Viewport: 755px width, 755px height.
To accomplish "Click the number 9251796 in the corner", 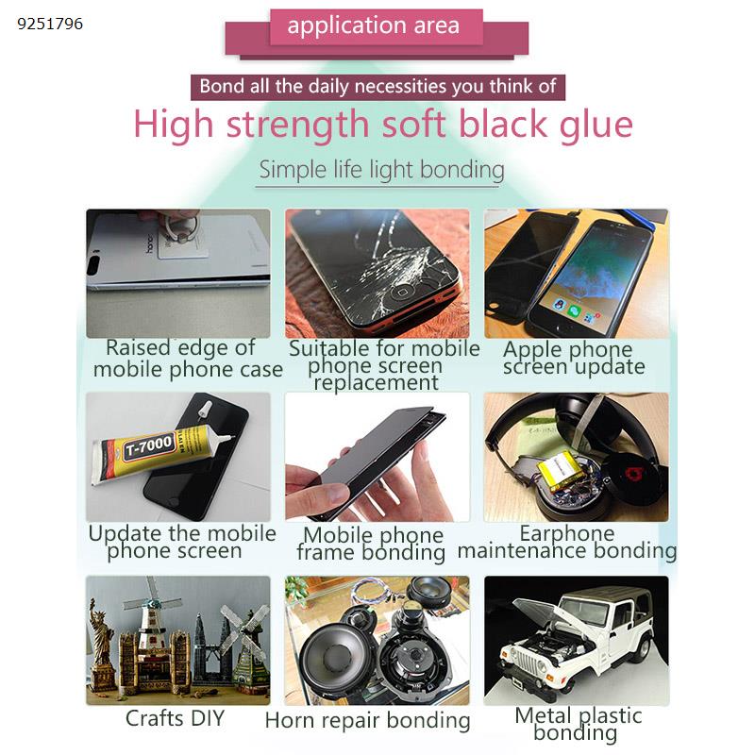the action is tap(50, 24).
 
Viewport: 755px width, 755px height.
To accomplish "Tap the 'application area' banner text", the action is tap(374, 26).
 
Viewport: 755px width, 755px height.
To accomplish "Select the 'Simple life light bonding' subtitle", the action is tap(381, 170).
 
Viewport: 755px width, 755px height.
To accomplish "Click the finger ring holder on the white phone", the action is tap(182, 226).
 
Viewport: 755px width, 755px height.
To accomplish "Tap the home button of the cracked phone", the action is tap(400, 294).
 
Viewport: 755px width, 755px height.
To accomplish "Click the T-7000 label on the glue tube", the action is tap(149, 445).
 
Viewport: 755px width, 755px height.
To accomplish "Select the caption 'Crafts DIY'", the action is tap(176, 718).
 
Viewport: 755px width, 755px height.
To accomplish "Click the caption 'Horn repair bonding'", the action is tap(367, 721).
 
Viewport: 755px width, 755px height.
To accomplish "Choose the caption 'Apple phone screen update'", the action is tap(574, 358).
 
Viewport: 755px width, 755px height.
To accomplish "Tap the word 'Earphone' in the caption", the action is tap(567, 533).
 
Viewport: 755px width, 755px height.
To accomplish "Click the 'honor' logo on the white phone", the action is tap(150, 244).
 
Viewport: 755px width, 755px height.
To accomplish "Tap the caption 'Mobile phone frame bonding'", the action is tap(371, 544).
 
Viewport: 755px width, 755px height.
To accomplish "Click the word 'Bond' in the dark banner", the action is tap(222, 87).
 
